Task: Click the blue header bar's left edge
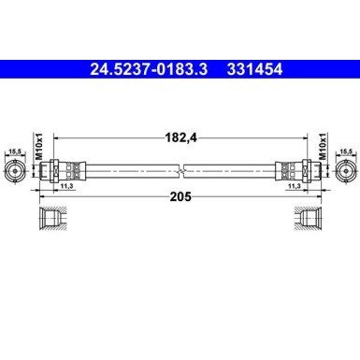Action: (3, 67)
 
